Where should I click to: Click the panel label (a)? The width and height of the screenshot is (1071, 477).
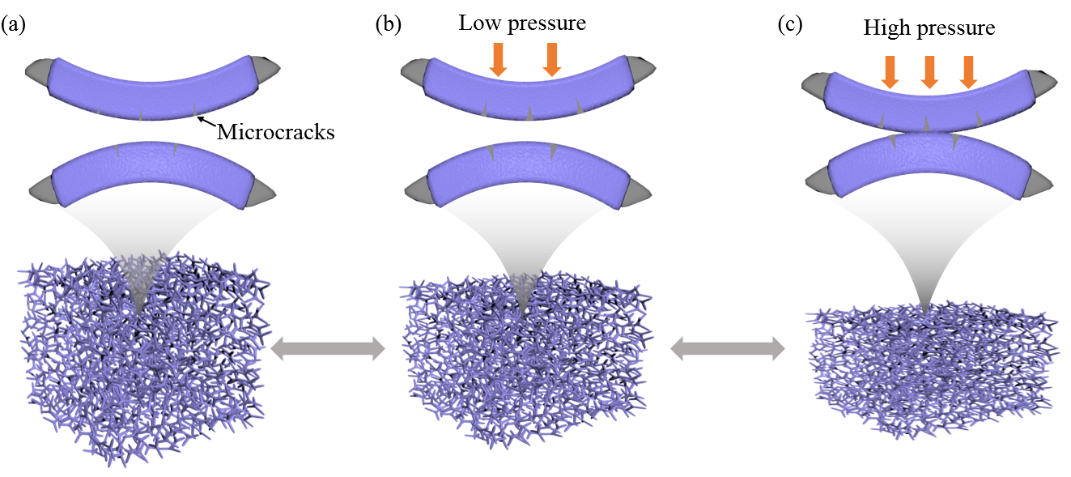(x=15, y=25)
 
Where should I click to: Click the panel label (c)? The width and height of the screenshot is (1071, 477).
(x=790, y=25)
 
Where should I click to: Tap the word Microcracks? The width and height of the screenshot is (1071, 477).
(x=275, y=132)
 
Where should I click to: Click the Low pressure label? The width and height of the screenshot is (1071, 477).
(x=522, y=23)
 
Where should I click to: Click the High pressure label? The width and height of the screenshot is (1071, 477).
(x=929, y=28)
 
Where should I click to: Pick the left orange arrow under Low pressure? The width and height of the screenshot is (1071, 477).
(x=498, y=60)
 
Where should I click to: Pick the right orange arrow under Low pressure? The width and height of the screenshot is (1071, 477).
(x=552, y=60)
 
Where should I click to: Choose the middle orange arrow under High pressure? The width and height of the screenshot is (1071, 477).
(x=929, y=71)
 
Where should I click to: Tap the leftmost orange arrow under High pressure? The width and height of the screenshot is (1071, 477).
(x=890, y=71)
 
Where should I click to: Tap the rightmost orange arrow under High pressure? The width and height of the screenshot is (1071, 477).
(x=968, y=71)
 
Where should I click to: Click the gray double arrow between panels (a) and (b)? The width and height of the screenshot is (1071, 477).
(x=328, y=349)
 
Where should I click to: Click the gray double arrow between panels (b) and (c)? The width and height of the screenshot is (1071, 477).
(x=729, y=349)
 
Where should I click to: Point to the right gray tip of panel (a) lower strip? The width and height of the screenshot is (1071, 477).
(x=261, y=191)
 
